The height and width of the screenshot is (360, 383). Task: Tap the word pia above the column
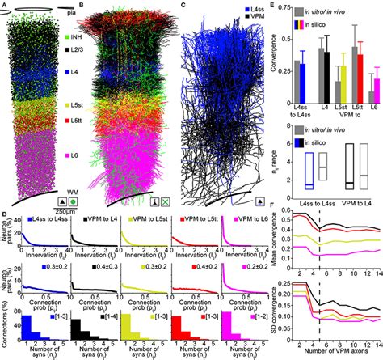click(79, 11)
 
